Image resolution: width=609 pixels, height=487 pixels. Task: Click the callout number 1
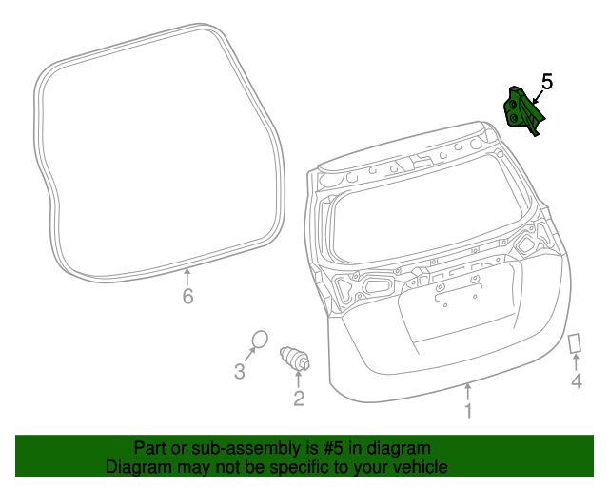[467, 411]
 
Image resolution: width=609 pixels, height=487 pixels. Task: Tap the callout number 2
[299, 399]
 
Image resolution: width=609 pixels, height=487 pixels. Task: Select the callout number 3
[240, 371]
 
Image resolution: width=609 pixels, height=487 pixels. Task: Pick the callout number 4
[576, 382]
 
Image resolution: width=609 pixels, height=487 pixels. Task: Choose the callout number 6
[187, 298]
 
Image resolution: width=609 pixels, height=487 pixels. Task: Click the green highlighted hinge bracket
[522, 109]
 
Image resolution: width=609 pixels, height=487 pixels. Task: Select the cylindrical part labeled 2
[295, 360]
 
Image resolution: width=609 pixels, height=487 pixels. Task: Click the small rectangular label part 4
[575, 342]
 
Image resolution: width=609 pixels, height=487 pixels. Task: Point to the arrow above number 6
[187, 278]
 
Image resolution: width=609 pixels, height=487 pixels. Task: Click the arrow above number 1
[467, 391]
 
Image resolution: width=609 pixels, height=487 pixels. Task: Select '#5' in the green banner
[321, 448]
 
